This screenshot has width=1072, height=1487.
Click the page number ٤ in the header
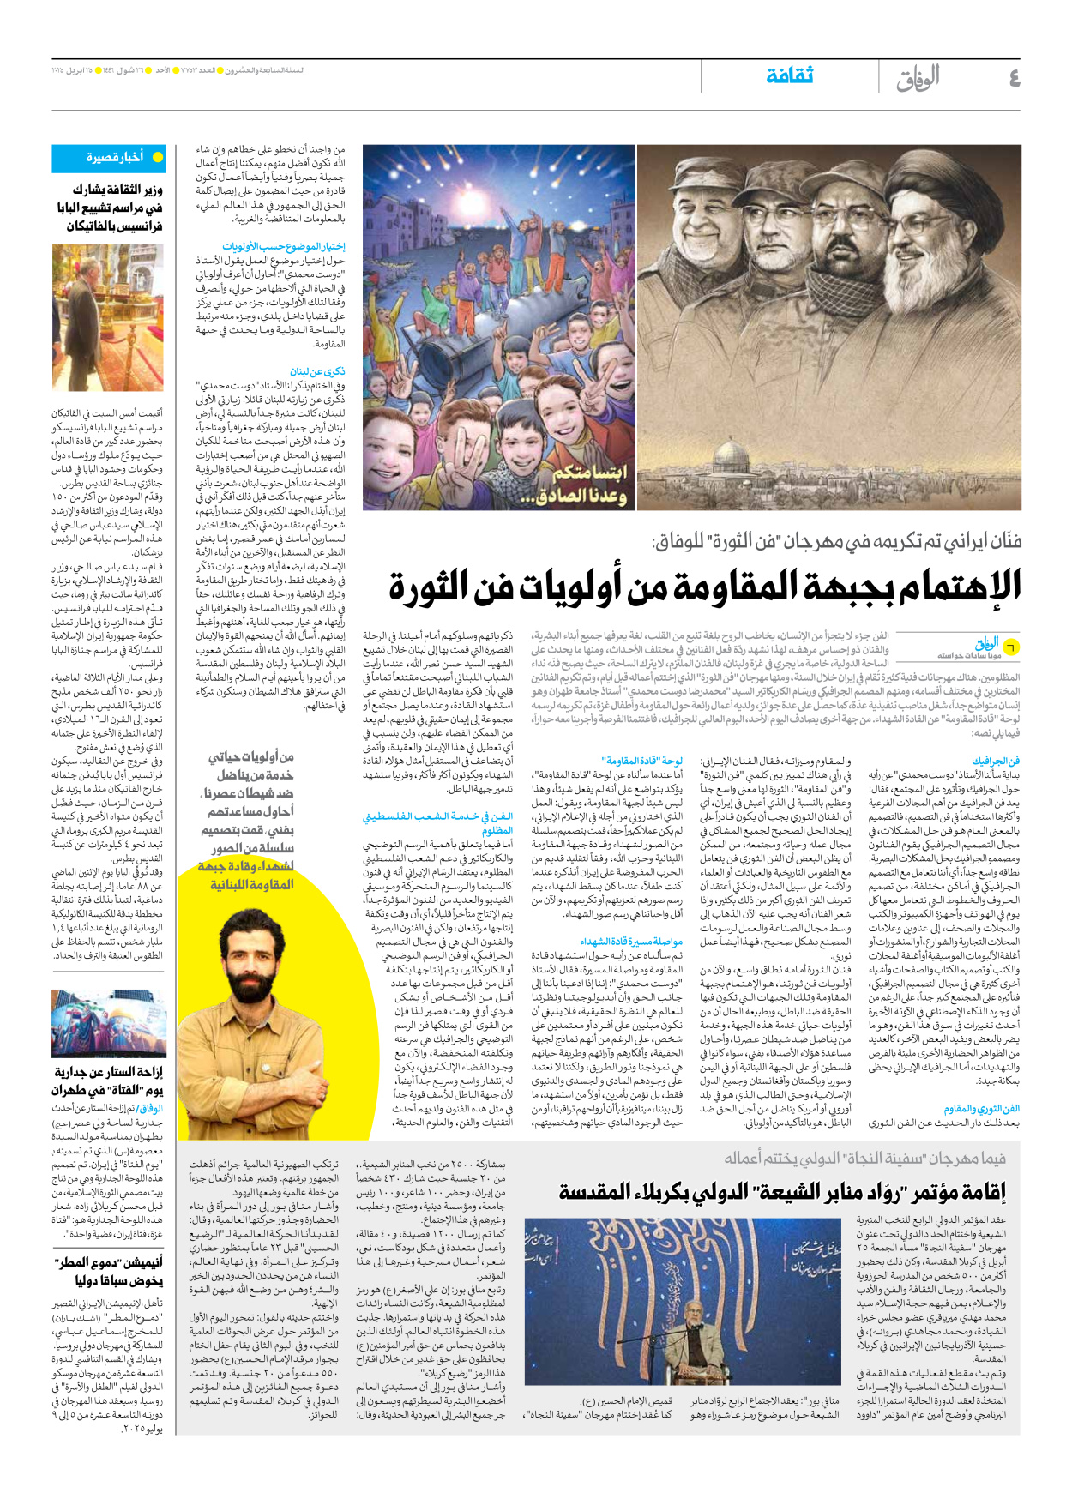[x=1014, y=79]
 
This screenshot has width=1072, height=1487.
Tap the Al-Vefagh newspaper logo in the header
[x=918, y=79]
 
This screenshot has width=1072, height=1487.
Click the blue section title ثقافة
[x=789, y=76]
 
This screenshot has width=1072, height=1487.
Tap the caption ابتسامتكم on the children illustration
[x=590, y=473]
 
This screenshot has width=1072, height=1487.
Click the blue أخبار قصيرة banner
[x=108, y=158]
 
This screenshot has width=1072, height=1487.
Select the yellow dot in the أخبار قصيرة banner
[x=157, y=158]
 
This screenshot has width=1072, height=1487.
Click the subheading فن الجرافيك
[x=996, y=761]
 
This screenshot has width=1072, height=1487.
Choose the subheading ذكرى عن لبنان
[x=317, y=371]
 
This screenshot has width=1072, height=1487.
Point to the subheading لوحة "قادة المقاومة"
[x=642, y=761]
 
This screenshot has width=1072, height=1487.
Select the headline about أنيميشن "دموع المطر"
[x=108, y=1271]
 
